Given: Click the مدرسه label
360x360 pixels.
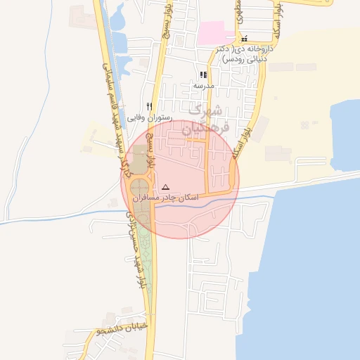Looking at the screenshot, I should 203,85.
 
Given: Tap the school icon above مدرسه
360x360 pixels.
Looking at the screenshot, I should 203,75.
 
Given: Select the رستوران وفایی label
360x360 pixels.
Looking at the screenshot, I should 149,117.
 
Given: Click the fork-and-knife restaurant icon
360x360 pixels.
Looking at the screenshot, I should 149,106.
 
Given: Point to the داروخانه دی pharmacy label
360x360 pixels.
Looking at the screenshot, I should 243,55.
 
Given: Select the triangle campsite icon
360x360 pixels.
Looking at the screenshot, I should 166,187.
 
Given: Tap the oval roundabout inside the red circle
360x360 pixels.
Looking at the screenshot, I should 141,191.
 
